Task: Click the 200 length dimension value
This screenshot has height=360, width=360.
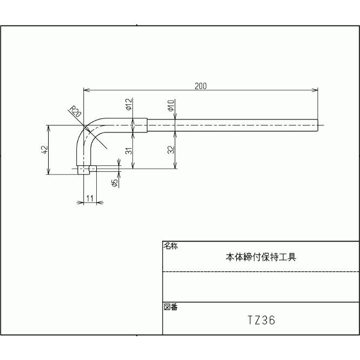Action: [201, 85]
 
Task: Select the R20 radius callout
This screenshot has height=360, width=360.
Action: [76, 112]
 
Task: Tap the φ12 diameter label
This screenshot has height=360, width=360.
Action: [129, 104]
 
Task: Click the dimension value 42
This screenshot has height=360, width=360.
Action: [44, 150]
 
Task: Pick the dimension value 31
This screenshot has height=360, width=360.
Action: [129, 151]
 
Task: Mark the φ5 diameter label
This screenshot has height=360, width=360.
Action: [115, 183]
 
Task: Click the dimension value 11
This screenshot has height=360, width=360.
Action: [90, 199]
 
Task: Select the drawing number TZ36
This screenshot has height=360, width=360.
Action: [261, 321]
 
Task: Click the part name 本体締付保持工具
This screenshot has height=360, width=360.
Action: [261, 257]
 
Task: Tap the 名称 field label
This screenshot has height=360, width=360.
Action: [170, 246]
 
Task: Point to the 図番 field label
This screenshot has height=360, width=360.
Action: [170, 307]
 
